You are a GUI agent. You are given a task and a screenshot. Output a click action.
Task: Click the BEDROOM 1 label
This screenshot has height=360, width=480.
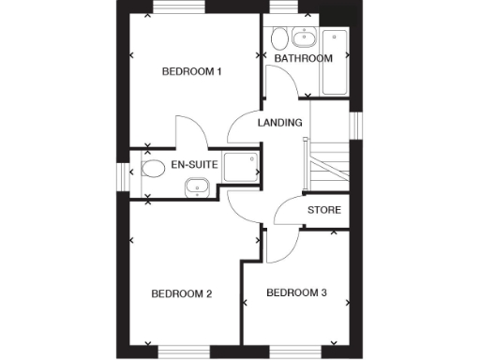coord(191,72)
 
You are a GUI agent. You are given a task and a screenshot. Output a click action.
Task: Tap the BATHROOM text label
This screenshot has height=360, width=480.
coord(303,59)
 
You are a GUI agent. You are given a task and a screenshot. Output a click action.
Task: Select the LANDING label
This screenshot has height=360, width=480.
coord(280,123)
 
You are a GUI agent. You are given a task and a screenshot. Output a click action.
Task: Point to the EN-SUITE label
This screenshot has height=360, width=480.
coord(195,165)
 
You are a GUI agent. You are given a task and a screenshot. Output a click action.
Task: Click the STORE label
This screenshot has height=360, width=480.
coord(324,210)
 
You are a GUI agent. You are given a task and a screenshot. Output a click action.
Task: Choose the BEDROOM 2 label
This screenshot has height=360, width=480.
coord(182,294)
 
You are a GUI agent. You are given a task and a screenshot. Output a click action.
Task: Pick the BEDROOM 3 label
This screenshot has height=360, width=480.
coord(296,293)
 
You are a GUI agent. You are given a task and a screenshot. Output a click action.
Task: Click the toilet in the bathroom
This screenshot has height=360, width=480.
coord(279,40)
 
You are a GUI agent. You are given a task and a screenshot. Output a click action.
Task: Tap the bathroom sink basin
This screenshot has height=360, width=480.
coord(304,39)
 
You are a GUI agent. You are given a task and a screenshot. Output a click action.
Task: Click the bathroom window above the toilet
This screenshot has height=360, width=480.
coord(281,8)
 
